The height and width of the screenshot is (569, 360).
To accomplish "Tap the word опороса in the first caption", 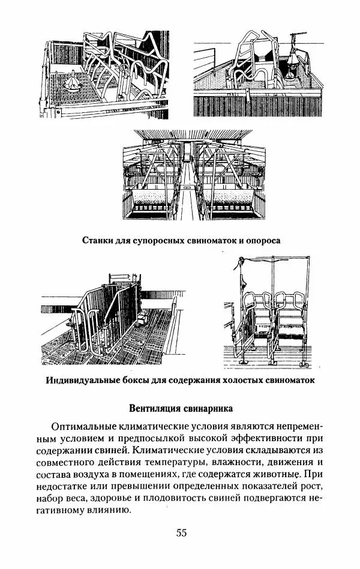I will point(264,240).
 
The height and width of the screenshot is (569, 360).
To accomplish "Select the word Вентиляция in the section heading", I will point(157,409).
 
